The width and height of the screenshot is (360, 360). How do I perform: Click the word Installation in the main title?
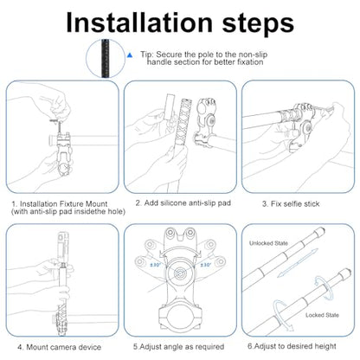(x=139, y=22)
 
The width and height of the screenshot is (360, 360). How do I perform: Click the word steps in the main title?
(x=258, y=23)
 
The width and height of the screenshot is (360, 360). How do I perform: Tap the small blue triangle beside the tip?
(x=130, y=55)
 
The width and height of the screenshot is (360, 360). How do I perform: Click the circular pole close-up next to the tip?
(x=106, y=59)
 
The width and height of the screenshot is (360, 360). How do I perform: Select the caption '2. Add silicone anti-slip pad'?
(x=183, y=203)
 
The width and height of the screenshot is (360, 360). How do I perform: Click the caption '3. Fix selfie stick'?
(x=291, y=204)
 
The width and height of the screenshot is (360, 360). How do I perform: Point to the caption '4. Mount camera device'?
(x=59, y=347)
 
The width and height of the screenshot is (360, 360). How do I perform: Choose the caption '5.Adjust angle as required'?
(x=178, y=346)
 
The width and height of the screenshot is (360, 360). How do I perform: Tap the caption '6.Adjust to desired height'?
(x=292, y=346)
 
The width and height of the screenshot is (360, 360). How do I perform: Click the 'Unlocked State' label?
(x=268, y=243)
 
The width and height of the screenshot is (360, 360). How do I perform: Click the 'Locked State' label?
(x=322, y=315)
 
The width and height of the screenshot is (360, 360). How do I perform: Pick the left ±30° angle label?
(x=155, y=265)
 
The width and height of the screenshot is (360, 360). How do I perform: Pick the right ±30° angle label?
(x=205, y=265)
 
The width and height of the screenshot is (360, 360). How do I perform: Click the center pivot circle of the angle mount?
(x=181, y=272)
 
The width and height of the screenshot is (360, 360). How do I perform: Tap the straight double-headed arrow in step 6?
(x=298, y=263)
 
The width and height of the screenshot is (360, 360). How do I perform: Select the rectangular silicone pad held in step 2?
(x=169, y=107)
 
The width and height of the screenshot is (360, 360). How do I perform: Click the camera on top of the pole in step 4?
(x=63, y=245)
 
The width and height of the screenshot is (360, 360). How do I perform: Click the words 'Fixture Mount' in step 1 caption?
(x=83, y=204)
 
